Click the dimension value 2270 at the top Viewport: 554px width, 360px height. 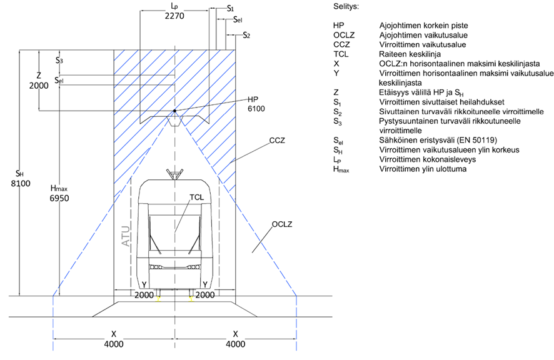[x=174, y=16]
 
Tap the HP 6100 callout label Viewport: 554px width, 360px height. [x=256, y=104]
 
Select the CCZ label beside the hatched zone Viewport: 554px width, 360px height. [x=277, y=141]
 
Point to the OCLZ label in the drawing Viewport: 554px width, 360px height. [x=282, y=224]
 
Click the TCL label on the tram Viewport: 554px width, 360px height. [x=197, y=197]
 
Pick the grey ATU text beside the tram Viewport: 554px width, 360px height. [x=126, y=236]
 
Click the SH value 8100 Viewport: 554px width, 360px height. [x=21, y=183]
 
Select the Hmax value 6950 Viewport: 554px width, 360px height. [x=59, y=198]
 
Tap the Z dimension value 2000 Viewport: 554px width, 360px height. [x=39, y=86]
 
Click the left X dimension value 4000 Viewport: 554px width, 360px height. [x=114, y=344]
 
